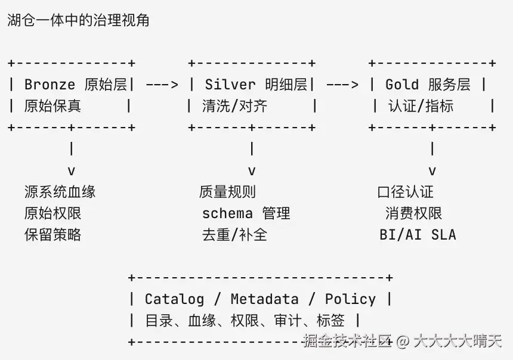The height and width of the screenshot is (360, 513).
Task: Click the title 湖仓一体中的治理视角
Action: pos(78,20)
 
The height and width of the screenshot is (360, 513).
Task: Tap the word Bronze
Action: pos(50,85)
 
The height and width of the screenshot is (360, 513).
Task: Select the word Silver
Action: pos(230,85)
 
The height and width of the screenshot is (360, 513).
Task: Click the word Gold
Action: pos(402,85)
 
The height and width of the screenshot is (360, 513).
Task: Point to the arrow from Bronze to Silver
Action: pos(162,85)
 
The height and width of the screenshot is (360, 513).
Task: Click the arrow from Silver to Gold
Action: pos(342,85)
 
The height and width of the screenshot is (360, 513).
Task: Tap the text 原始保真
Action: pos(52,106)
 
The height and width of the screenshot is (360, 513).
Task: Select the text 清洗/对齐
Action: pos(234,106)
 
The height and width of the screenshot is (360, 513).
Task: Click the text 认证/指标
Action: pos(421,106)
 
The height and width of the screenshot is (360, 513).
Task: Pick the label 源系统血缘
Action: pos(60,191)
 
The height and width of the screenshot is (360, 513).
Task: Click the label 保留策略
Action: pos(52,234)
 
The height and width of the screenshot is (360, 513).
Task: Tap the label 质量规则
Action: pos(227,191)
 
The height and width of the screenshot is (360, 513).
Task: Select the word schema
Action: pos(227,213)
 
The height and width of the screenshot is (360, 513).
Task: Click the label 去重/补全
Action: pos(234,234)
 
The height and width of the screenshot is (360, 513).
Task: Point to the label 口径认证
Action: pos(406,191)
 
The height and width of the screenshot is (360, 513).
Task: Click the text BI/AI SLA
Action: pos(418,235)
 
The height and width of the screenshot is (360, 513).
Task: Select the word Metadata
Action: pos(264,299)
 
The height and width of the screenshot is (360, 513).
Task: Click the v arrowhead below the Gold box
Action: pos(432,170)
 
